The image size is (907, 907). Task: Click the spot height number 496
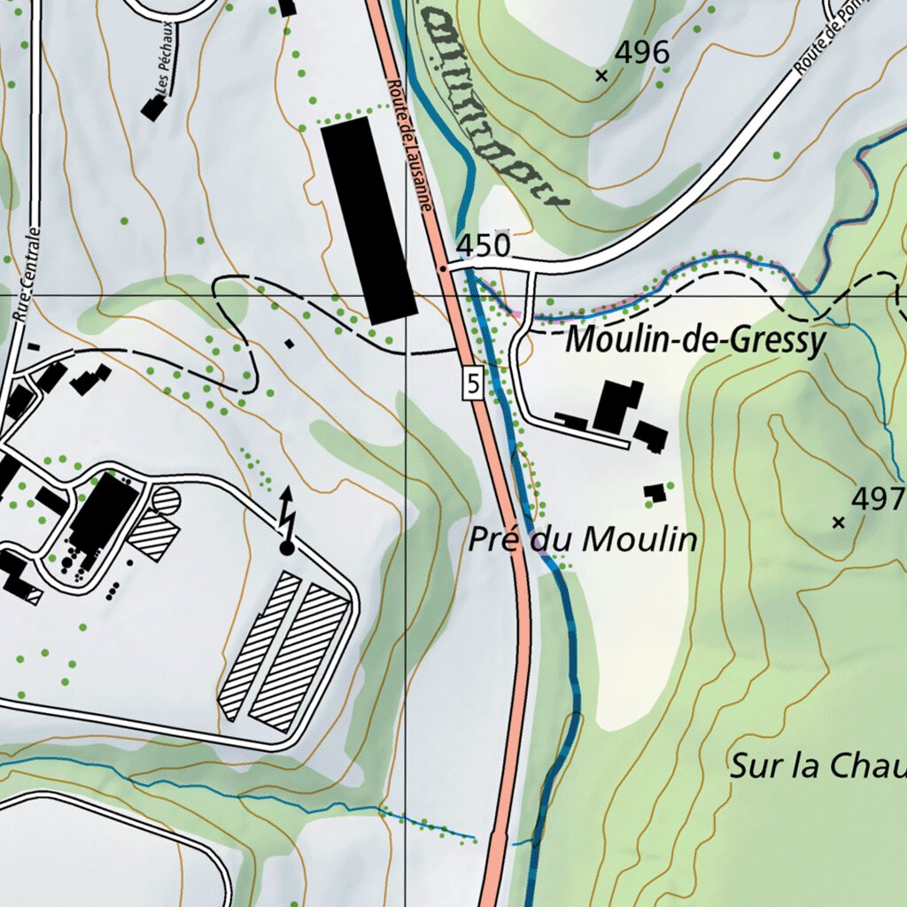click(642, 54)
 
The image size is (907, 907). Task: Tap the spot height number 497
click(878, 499)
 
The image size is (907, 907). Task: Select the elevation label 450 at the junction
click(484, 245)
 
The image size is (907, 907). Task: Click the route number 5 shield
click(472, 384)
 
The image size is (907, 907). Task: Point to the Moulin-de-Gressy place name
click(695, 340)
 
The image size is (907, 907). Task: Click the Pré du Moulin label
click(583, 539)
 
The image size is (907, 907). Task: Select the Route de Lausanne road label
click(408, 142)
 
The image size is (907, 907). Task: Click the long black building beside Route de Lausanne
click(368, 220)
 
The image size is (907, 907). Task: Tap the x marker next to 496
click(602, 76)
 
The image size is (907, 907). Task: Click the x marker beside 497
click(839, 523)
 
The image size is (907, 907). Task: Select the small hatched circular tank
click(166, 502)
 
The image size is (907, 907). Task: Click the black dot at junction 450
click(443, 267)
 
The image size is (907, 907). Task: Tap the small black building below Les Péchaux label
click(154, 108)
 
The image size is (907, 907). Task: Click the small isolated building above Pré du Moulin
click(655, 492)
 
